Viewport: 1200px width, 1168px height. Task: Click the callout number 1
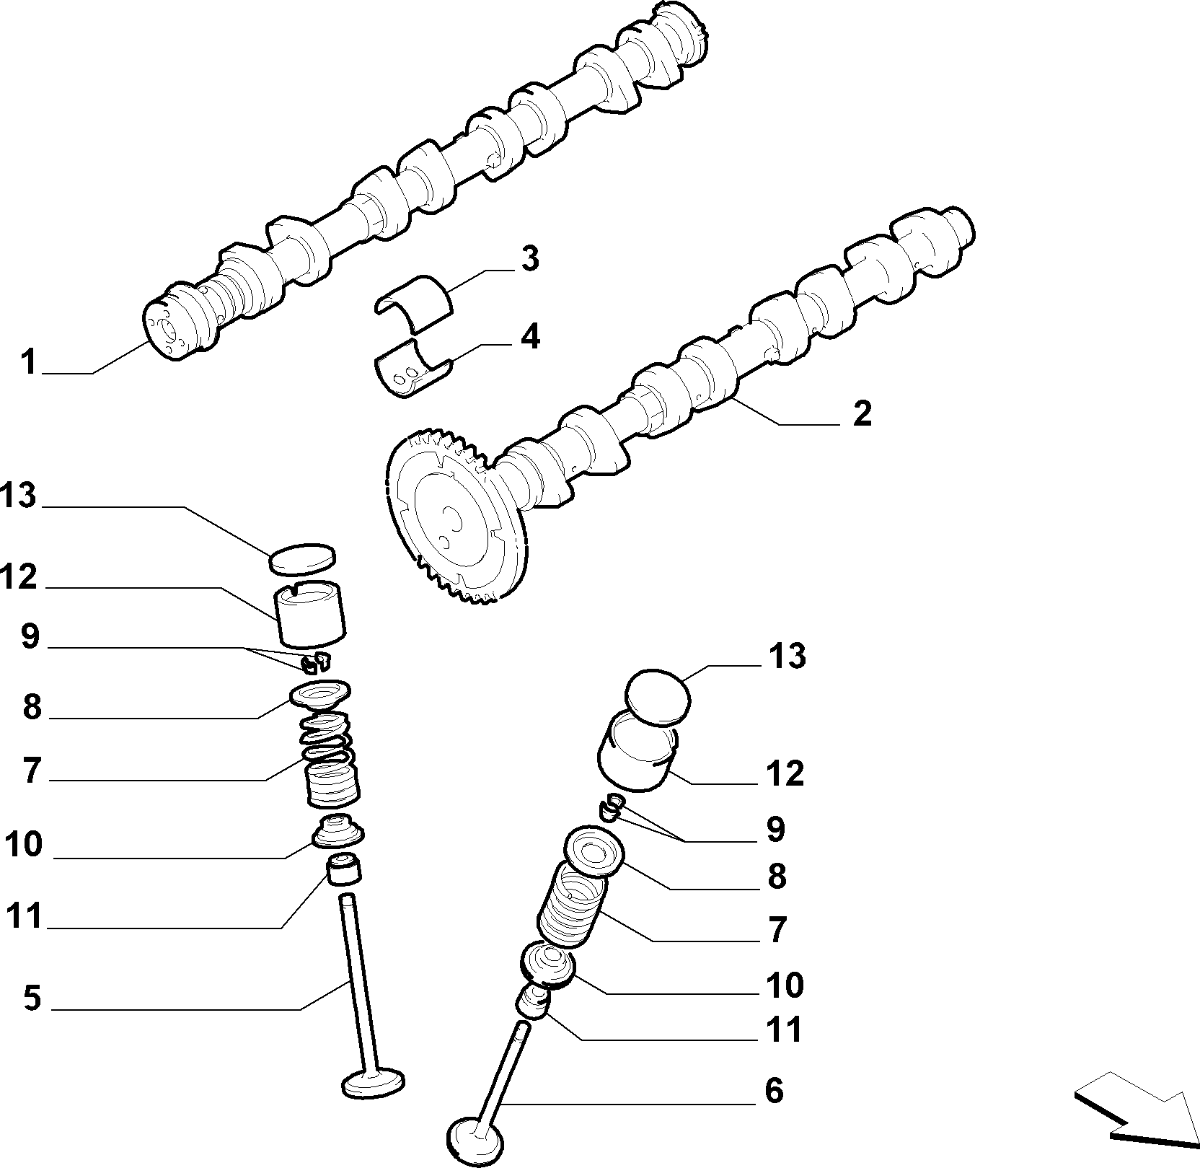point(29,361)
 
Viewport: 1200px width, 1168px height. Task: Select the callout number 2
point(862,413)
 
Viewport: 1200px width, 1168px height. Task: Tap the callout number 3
point(530,259)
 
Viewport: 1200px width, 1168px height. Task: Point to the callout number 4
point(530,337)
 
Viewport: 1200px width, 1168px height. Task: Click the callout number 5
point(32,998)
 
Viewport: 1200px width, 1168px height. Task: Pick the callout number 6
point(774,1090)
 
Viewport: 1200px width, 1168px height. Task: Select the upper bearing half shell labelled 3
point(414,299)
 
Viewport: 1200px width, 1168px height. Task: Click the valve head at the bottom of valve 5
point(372,1085)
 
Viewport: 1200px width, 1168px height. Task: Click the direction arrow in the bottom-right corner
point(1134,1117)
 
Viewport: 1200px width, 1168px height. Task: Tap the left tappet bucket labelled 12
point(311,613)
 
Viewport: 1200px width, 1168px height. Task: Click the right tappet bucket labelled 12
point(636,752)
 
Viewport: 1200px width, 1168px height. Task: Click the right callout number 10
point(784,985)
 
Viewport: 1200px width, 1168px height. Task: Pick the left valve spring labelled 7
point(329,760)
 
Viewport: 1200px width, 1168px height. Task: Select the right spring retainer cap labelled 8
point(593,853)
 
